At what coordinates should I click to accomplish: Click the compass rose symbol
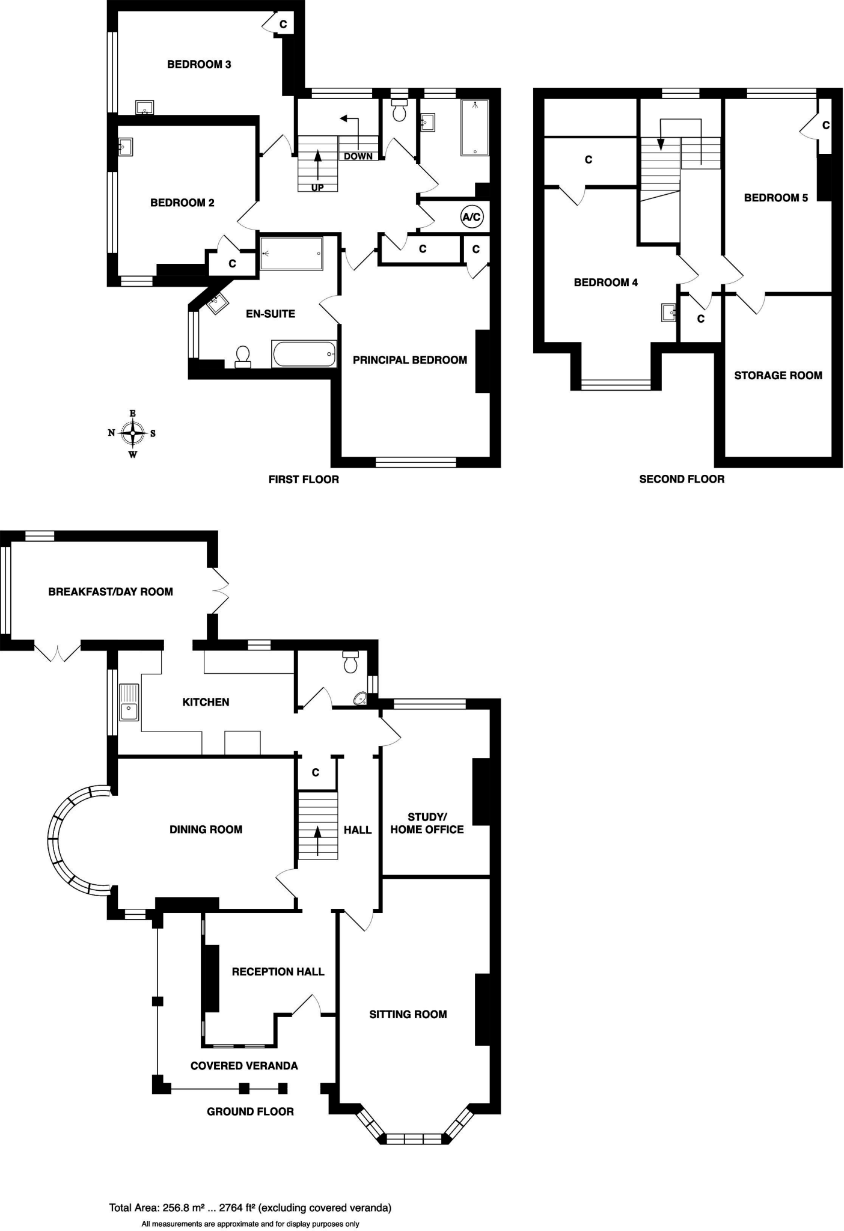click(132, 433)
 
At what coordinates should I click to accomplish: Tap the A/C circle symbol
click(471, 217)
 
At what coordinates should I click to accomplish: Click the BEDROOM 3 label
click(199, 64)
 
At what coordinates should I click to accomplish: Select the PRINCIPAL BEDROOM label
click(409, 360)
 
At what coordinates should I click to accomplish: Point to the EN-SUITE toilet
click(243, 356)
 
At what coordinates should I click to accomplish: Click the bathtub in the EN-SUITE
click(304, 354)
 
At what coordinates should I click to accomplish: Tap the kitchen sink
click(129, 702)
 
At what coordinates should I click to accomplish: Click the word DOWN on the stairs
click(358, 156)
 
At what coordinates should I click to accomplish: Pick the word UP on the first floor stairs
click(317, 188)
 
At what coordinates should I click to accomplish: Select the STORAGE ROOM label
click(778, 376)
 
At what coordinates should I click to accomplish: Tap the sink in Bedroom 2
click(125, 147)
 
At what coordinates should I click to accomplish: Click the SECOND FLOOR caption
click(682, 479)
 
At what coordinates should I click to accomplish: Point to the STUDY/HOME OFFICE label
click(427, 823)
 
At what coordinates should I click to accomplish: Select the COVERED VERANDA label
click(244, 1066)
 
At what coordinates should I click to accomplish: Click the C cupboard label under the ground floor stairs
click(316, 772)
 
